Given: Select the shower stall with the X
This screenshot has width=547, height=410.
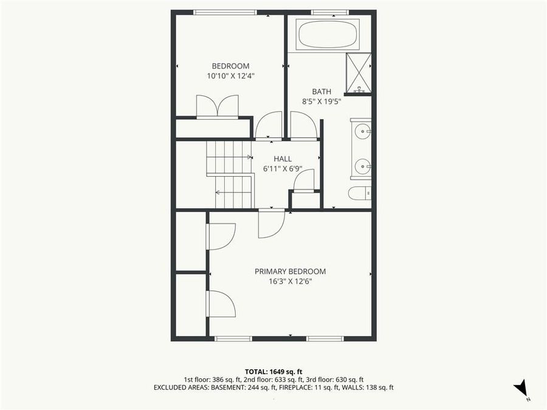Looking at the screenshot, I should [358, 73].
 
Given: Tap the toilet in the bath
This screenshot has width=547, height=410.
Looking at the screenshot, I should [359, 193].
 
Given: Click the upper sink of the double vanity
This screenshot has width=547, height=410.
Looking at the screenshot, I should [362, 131].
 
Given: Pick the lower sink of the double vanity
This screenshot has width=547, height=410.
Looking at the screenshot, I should [362, 166].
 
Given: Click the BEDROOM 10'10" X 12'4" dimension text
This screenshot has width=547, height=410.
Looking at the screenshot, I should [230, 76].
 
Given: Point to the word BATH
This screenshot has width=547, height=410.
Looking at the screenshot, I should [322, 92].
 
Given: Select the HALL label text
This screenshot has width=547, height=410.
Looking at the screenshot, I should [283, 159].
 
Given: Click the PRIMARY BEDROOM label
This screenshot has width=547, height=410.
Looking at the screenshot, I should [290, 272].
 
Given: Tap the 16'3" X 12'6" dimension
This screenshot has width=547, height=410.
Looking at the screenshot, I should [290, 281].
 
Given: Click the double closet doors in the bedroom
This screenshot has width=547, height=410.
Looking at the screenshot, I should [218, 106].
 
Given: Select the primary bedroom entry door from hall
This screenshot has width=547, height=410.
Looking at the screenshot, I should [270, 224].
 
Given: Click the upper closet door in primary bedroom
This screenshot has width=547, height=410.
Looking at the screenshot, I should [221, 236].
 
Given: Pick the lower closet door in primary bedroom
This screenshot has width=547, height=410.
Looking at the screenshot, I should [221, 304].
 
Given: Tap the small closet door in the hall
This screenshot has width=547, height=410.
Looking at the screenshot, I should [304, 180].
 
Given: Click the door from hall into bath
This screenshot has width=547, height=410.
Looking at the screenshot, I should [303, 126].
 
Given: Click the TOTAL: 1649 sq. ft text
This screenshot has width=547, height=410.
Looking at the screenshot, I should [273, 371].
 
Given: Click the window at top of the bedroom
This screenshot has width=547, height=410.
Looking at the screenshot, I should [225, 12].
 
